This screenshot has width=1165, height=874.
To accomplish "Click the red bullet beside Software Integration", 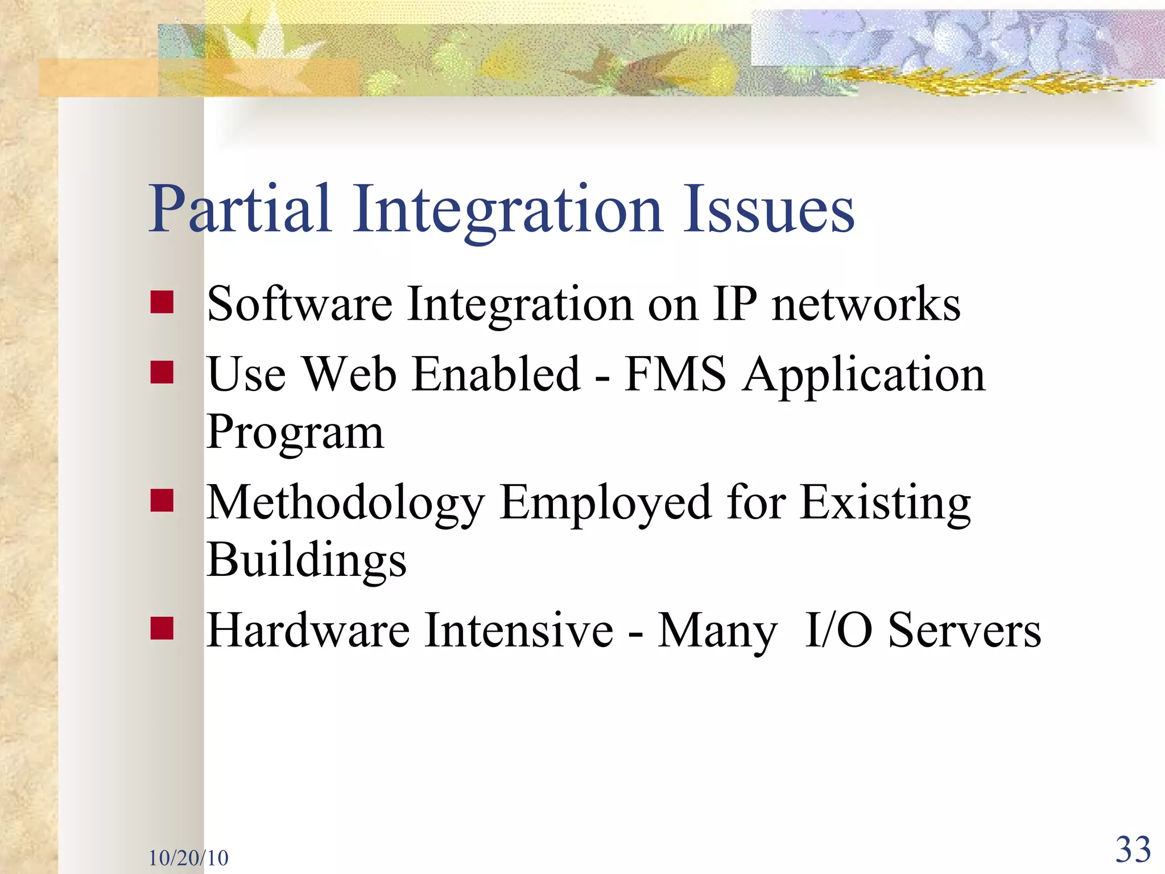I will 162,302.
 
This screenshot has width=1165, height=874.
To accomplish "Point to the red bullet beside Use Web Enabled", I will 162,373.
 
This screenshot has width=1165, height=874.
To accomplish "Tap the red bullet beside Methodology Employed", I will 162,501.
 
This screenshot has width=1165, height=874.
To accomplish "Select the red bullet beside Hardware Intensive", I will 162,629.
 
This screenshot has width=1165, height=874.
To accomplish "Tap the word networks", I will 866,304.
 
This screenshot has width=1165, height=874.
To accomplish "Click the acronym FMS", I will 675,375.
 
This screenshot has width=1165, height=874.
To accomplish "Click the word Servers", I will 964,632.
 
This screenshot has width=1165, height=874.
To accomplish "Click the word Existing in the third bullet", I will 885,504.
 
